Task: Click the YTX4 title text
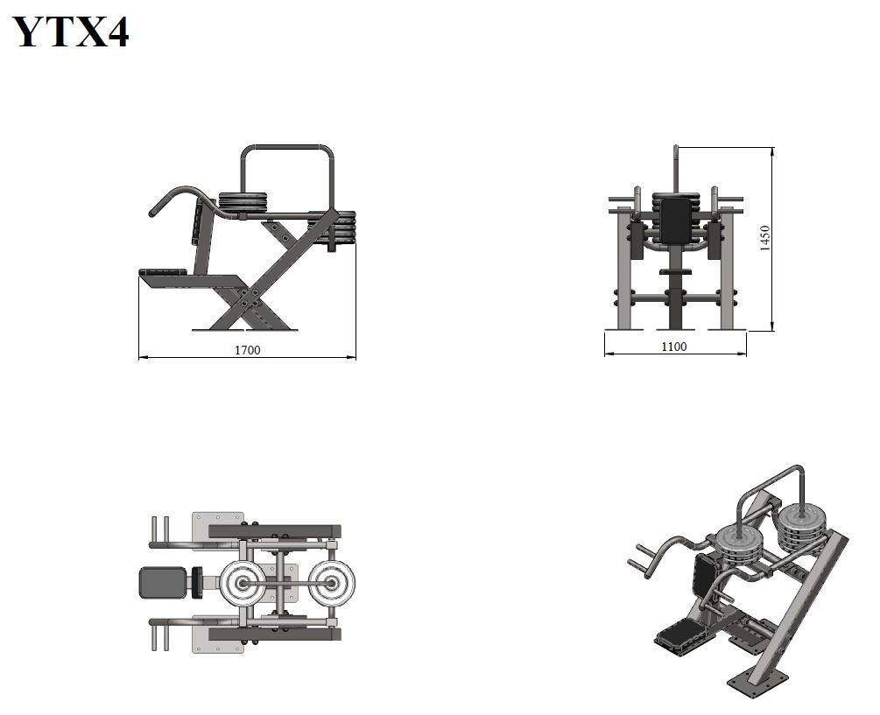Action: tap(71, 32)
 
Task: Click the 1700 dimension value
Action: tap(248, 350)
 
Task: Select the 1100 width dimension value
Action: tap(674, 347)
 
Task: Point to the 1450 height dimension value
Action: tap(764, 238)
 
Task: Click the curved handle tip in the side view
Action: tap(152, 213)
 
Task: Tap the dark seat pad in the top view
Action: tap(162, 583)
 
